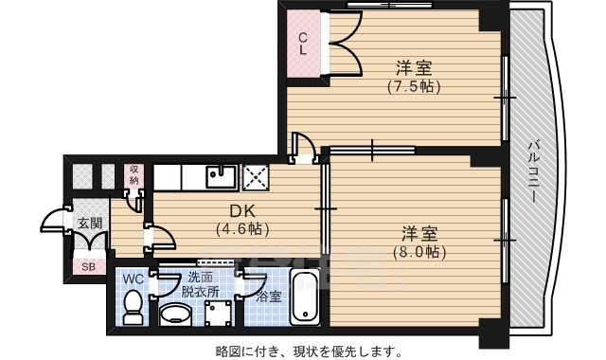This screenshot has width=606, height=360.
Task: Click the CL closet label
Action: tap(303, 45)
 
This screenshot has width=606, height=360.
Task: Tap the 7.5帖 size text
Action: tap(414, 86)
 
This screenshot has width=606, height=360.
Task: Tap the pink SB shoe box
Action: tap(88, 266)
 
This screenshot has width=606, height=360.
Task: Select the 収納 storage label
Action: tap(134, 174)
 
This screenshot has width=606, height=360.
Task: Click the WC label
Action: tap(134, 279)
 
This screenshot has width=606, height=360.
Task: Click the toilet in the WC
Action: tap(134, 305)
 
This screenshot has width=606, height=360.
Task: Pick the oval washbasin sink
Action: tap(174, 314)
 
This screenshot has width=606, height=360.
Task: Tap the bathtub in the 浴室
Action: tap(304, 297)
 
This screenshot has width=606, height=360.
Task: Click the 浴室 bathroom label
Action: tap(269, 296)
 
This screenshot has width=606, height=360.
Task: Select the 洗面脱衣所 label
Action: tap(203, 285)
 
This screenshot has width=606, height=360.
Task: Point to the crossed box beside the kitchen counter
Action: tap(256, 177)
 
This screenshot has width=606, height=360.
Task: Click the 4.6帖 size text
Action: tap(242, 229)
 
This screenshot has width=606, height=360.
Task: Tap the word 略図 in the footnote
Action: tap(227, 351)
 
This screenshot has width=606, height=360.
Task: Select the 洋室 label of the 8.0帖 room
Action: tap(418, 232)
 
